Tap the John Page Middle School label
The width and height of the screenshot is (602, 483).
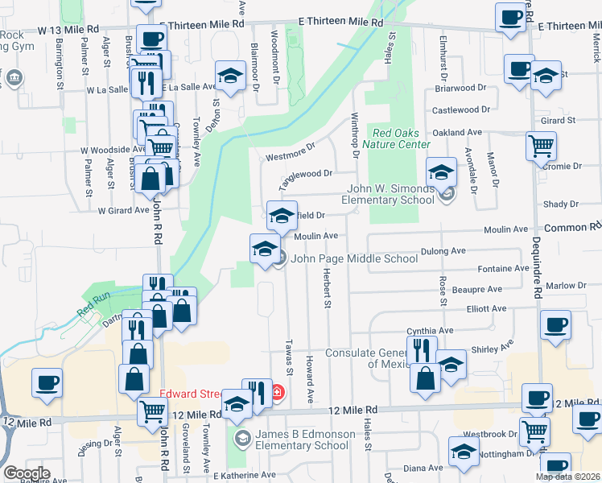point(354,258)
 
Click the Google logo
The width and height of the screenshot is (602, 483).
point(27,473)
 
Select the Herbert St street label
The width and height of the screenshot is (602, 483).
point(328,287)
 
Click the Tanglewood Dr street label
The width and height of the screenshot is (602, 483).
point(306,173)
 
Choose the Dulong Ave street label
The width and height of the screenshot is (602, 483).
point(447,251)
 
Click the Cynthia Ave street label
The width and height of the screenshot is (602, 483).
point(431,330)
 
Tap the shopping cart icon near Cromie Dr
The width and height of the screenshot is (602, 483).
point(541,146)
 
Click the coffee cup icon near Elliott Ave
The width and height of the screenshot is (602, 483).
point(555,324)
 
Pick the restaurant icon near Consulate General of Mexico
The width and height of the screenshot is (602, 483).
point(421,349)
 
